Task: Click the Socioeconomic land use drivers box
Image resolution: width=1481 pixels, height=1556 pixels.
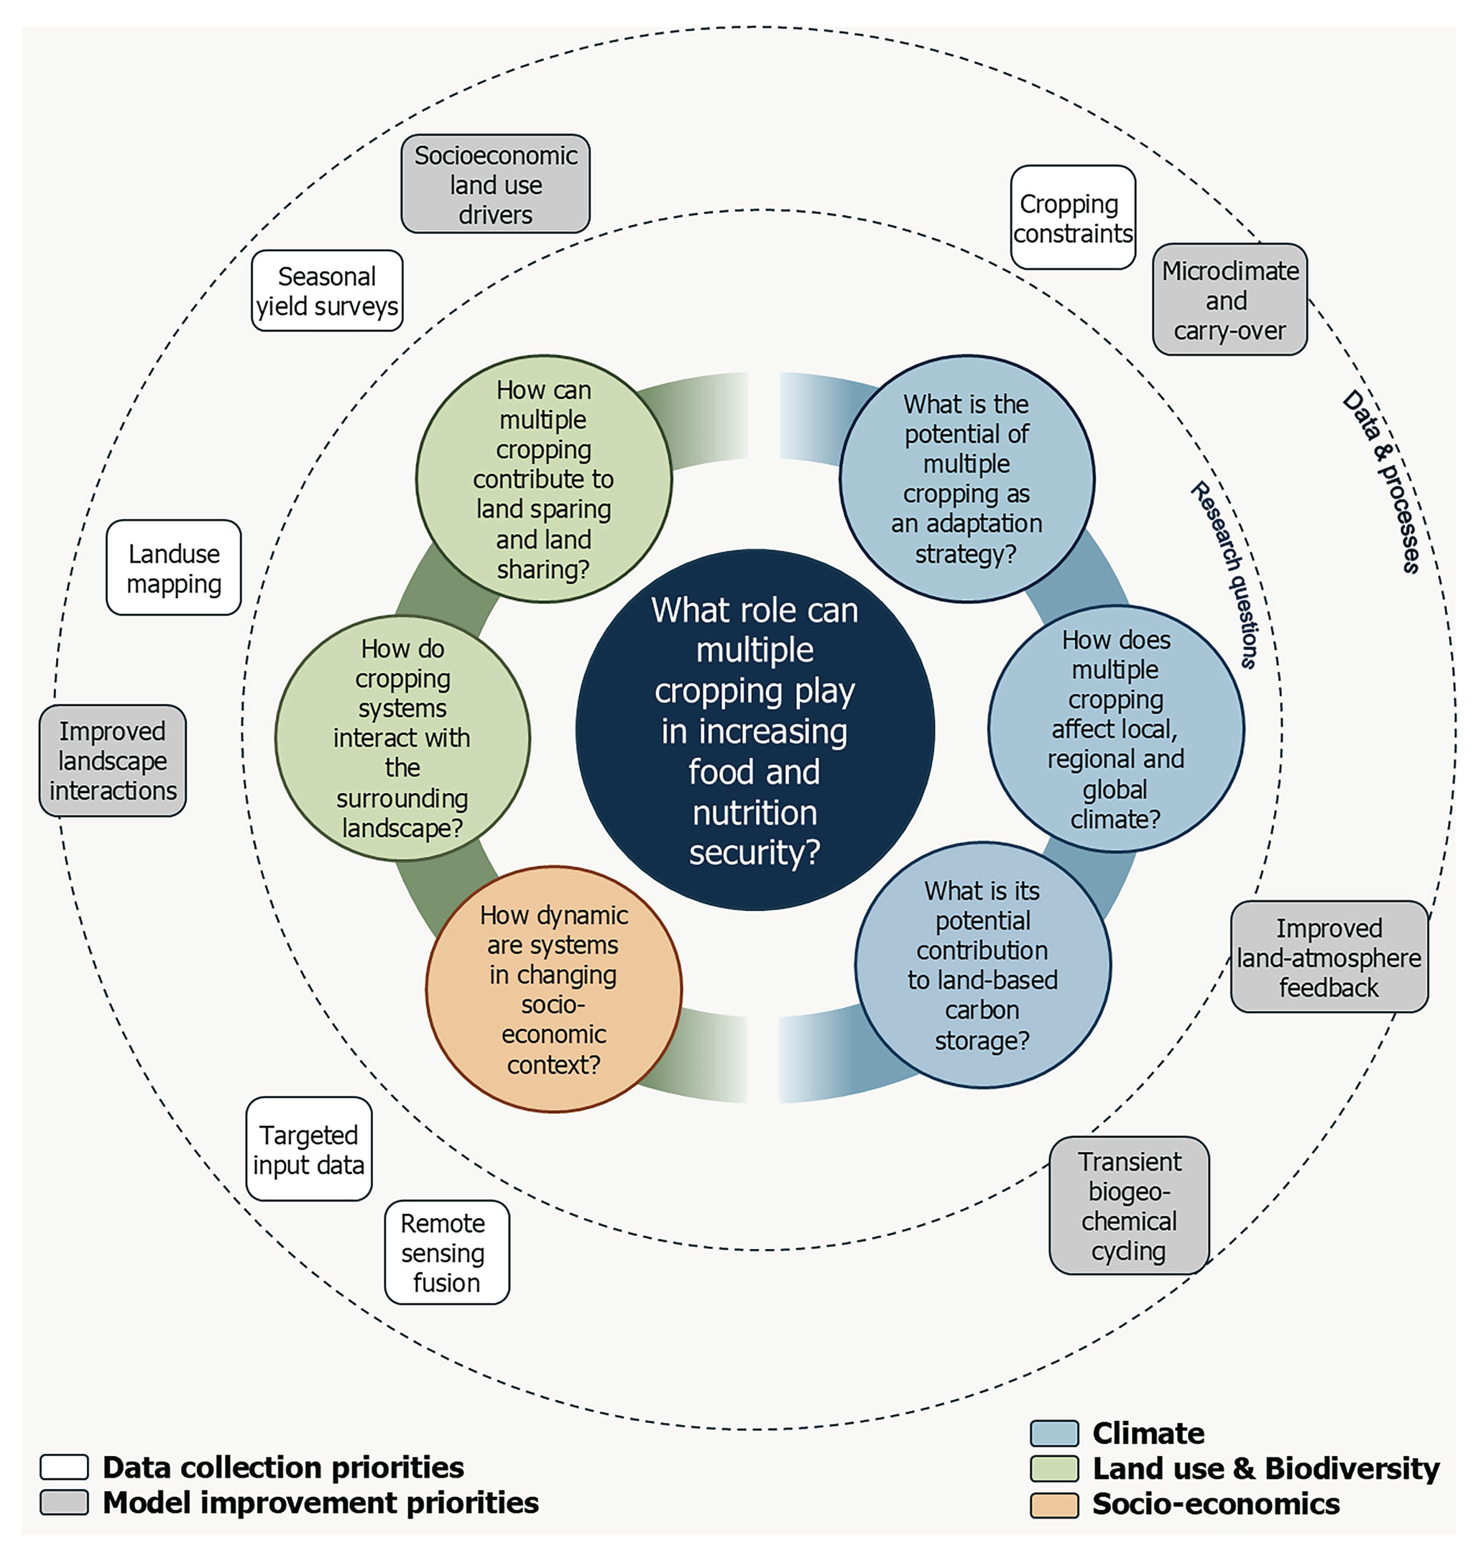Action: [x=495, y=184]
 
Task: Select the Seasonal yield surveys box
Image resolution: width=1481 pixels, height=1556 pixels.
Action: [x=327, y=290]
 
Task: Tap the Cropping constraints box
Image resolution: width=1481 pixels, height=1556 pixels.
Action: [x=1072, y=218]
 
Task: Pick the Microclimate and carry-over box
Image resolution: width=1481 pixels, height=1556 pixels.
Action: [x=1229, y=300]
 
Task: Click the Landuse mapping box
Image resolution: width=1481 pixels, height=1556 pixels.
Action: [x=174, y=568]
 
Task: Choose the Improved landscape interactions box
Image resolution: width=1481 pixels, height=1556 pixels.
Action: [x=113, y=761]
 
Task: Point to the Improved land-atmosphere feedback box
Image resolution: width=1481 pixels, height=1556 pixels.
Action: [x=1329, y=957]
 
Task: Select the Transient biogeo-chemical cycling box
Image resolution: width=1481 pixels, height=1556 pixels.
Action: [x=1129, y=1205]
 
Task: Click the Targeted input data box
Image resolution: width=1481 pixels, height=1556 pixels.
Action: [x=309, y=1149]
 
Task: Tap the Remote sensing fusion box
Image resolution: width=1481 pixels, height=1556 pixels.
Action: [x=447, y=1253]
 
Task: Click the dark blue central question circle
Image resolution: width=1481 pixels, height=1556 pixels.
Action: [x=755, y=731]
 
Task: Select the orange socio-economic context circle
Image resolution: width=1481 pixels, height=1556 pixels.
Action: [x=553, y=989]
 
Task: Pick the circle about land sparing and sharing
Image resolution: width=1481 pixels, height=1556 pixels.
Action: [x=543, y=479]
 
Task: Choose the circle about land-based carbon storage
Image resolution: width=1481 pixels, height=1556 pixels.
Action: [x=982, y=965]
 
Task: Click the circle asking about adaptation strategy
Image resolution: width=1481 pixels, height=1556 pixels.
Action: [x=966, y=479]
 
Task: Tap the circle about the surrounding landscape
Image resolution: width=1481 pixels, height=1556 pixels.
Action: [x=402, y=738]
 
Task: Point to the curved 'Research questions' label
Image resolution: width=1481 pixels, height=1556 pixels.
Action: [x=1225, y=575]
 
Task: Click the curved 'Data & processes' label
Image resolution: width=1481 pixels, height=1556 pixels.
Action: [x=1382, y=482]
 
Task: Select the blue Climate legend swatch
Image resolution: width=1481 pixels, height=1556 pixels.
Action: [x=1054, y=1433]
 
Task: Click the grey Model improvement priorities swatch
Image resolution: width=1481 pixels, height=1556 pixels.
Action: [x=64, y=1502]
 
